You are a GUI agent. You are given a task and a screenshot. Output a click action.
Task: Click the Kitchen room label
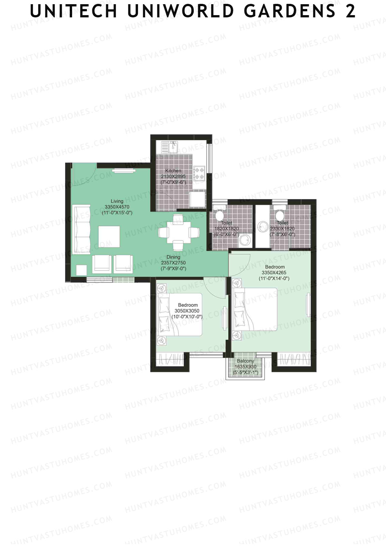pyautogui.click(x=173, y=171)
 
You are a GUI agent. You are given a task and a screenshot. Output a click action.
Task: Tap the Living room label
pyautogui.click(x=117, y=201)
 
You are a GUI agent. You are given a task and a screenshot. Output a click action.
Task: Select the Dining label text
pyautogui.click(x=173, y=257)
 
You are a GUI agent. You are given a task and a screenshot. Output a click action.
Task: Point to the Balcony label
pyautogui.click(x=245, y=361)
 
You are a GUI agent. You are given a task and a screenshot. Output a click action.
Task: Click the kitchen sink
pyautogui.click(x=173, y=147)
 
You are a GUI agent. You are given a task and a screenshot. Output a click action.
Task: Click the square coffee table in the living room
pyautogui.click(x=109, y=237)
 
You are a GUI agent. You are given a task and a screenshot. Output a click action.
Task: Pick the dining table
pyautogui.click(x=178, y=232)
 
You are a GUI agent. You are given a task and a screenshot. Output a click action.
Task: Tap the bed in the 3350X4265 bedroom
pyautogui.click(x=256, y=309)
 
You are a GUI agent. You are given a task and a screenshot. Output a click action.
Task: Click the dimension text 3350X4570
pyautogui.click(x=117, y=207)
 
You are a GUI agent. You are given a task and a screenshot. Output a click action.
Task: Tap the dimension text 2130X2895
pyautogui.click(x=173, y=176)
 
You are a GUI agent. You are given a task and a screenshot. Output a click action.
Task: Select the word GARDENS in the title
pyautogui.click(x=289, y=11)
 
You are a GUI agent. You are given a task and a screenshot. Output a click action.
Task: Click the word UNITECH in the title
pyautogui.click(x=74, y=11)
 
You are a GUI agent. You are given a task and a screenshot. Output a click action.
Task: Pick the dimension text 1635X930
pyautogui.click(x=245, y=367)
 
